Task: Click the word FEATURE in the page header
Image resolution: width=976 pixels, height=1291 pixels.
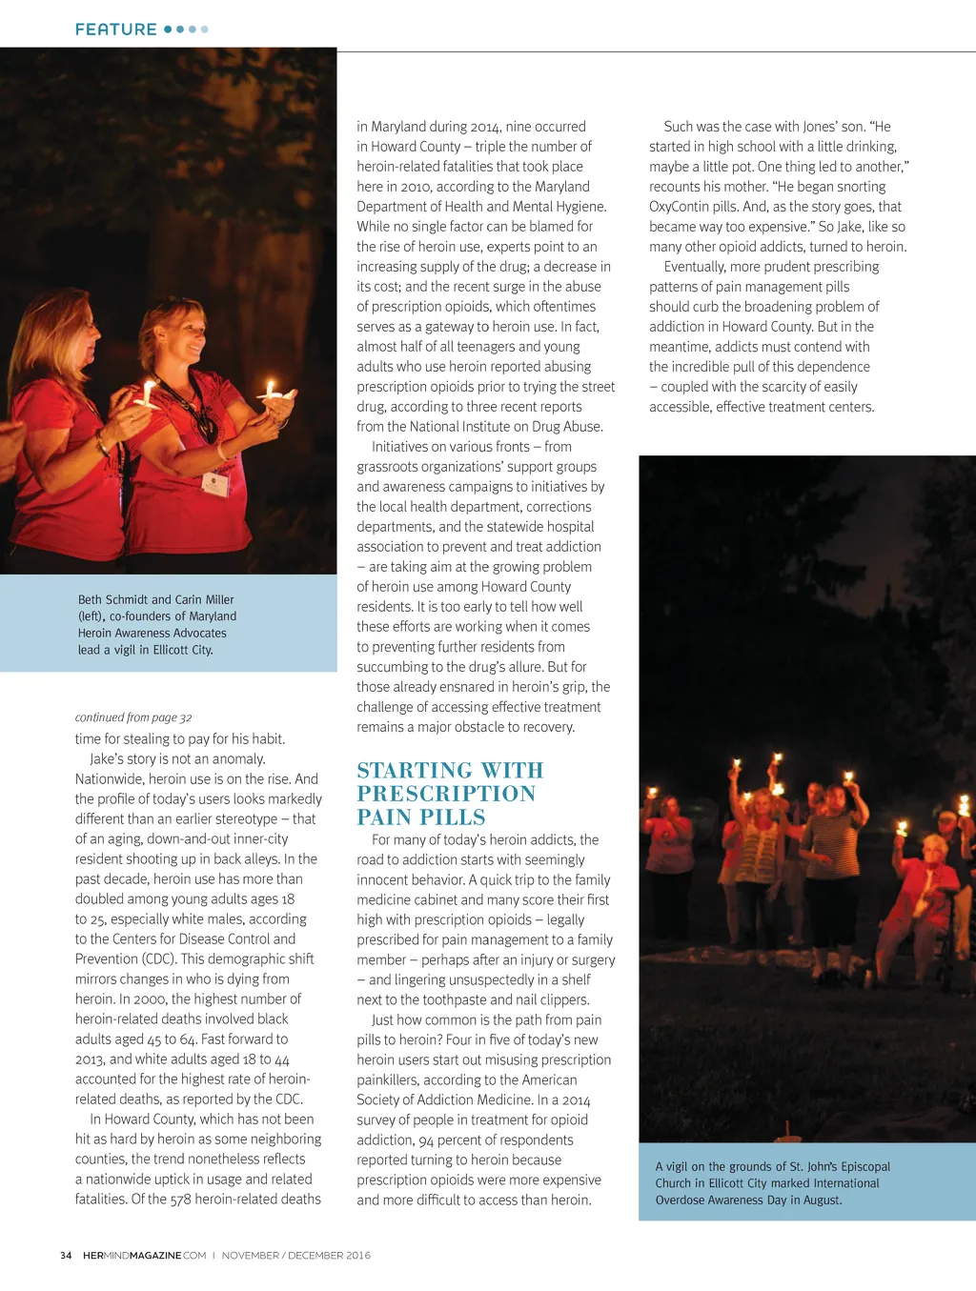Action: coord(115,30)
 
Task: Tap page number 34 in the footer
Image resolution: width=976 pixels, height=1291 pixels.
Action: coord(66,1255)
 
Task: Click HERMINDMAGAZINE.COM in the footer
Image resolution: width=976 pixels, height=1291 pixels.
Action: coord(144,1255)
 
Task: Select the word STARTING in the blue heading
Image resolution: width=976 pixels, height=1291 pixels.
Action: coord(415,770)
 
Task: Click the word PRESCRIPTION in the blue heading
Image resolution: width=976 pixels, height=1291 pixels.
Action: coord(446,794)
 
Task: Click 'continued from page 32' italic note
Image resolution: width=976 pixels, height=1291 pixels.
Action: coord(133,717)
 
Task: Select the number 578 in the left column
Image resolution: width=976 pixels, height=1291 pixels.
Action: coord(180,1200)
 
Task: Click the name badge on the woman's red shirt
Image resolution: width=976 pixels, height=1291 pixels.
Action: coord(215,483)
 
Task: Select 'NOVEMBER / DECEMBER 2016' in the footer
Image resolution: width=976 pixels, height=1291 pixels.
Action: coord(295,1255)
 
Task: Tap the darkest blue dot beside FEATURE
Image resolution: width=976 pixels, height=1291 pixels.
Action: coord(168,30)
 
